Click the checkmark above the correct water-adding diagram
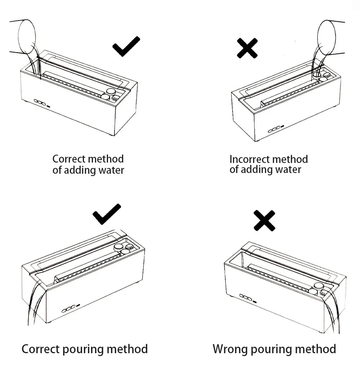(x=126, y=47)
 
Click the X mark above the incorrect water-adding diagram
(x=247, y=48)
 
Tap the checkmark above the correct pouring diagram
(x=107, y=214)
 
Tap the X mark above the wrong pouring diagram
(x=264, y=220)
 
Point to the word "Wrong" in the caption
(x=230, y=349)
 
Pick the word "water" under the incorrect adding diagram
(x=288, y=169)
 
